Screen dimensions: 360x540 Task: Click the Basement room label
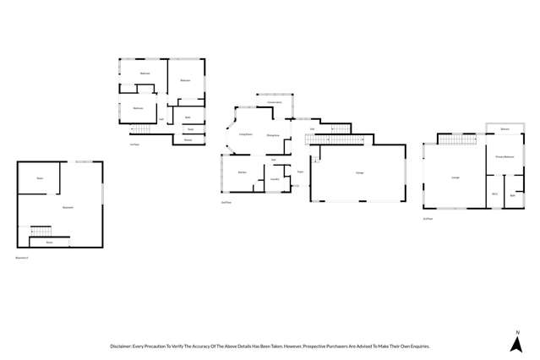pos(68,207)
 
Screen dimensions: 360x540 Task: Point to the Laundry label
pos(275,179)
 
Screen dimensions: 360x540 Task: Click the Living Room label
pos(246,134)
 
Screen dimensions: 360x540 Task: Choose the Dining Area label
pos(273,135)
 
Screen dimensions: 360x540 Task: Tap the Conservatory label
pos(274,102)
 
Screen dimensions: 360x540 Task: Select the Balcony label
pos(504,129)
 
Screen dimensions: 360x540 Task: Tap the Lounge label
pos(455,177)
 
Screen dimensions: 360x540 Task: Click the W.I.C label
pos(494,194)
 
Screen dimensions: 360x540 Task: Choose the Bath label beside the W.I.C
pos(513,195)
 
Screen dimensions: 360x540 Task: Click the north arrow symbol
pos(515,344)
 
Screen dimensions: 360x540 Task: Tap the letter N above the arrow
pos(515,330)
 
